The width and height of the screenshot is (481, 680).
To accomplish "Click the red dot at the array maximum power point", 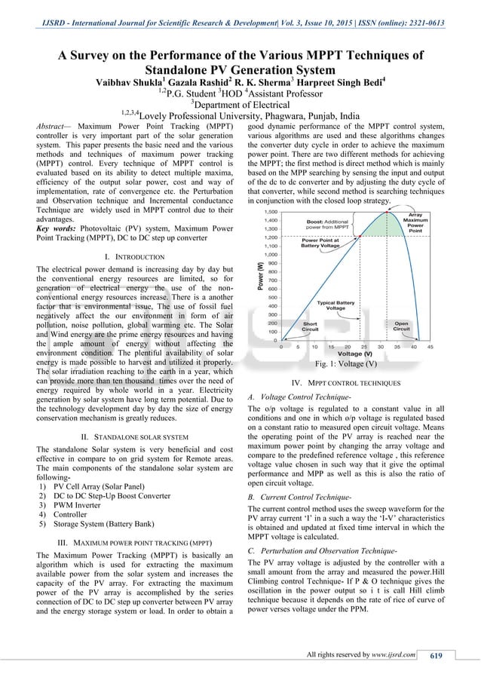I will [x=387, y=213].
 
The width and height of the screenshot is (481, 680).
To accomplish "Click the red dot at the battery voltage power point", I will [x=358, y=237].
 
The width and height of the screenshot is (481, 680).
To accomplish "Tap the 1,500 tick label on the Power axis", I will [x=268, y=213].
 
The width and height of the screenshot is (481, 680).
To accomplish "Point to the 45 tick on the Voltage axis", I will [x=430, y=347].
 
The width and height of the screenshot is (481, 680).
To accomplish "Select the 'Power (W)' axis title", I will [x=261, y=275].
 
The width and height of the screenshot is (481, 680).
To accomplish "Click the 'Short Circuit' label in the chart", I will [x=289, y=326].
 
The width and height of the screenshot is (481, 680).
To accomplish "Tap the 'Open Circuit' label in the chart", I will [x=402, y=326].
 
